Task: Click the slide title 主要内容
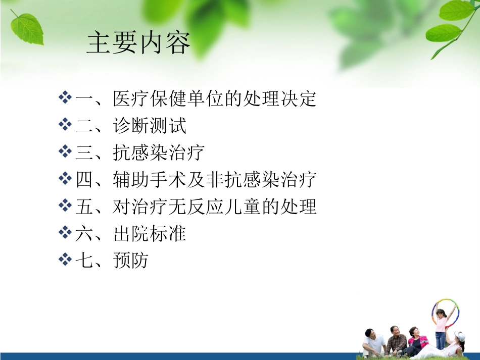click(138, 43)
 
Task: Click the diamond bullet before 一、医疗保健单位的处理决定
click(65, 98)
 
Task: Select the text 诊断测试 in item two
click(150, 126)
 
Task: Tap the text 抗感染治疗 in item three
click(159, 153)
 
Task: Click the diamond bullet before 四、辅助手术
click(65, 180)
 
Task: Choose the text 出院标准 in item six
click(150, 234)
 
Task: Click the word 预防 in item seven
click(131, 262)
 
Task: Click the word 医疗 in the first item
click(131, 98)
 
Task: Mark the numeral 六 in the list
click(84, 234)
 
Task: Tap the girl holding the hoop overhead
click(441, 326)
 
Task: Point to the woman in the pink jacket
click(417, 340)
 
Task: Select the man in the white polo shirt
click(374, 343)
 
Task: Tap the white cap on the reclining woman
click(459, 336)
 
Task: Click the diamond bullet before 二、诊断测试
click(65, 125)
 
